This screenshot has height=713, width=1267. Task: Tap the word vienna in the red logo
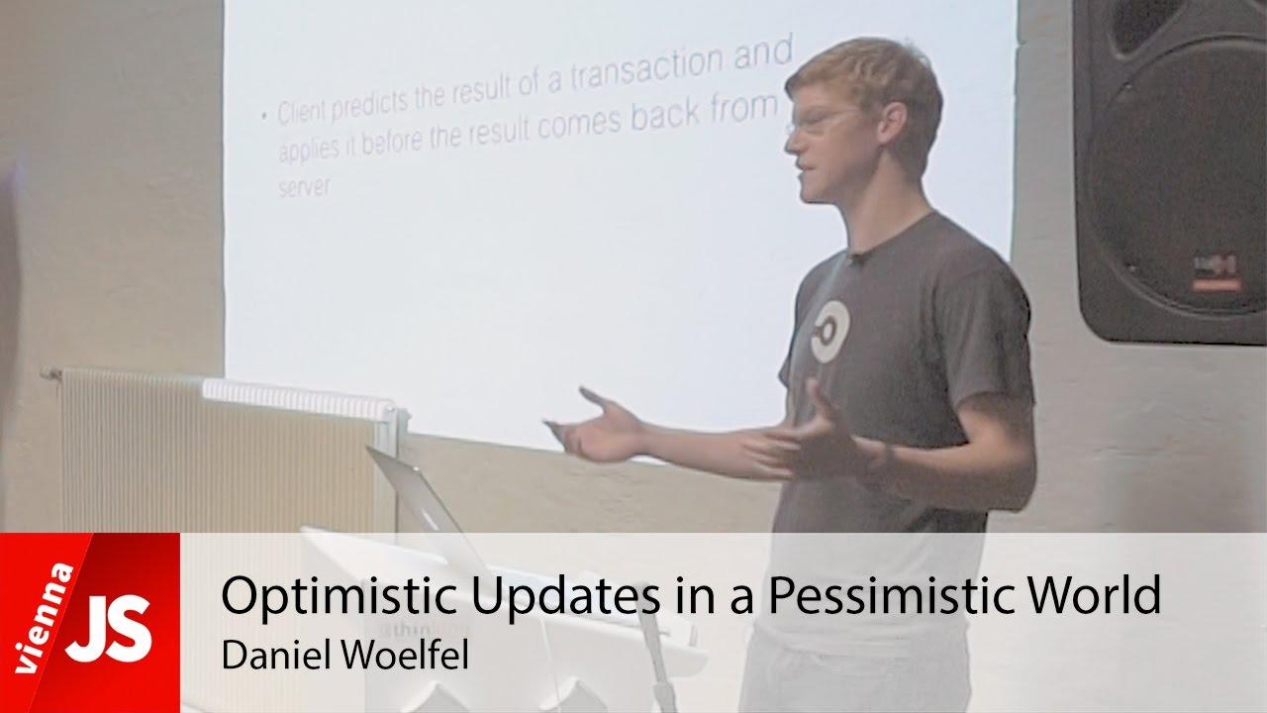pyautogui.click(x=44, y=620)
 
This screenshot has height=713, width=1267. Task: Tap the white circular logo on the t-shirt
pyautogui.click(x=829, y=330)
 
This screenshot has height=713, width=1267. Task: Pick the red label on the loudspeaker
pyautogui.click(x=1215, y=284)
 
